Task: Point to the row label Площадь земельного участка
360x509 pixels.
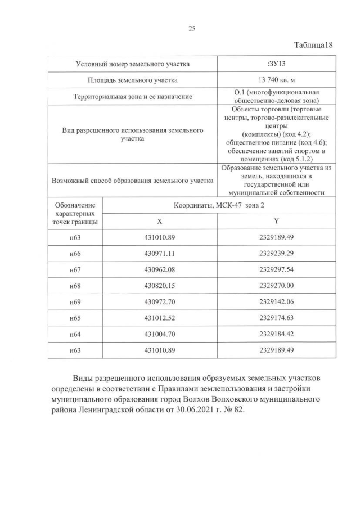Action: [132, 80]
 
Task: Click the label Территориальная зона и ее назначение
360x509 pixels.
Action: [132, 97]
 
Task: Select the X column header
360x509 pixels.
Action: [160, 222]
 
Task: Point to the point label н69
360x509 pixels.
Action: [75, 302]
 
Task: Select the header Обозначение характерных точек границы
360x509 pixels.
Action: [75, 214]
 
